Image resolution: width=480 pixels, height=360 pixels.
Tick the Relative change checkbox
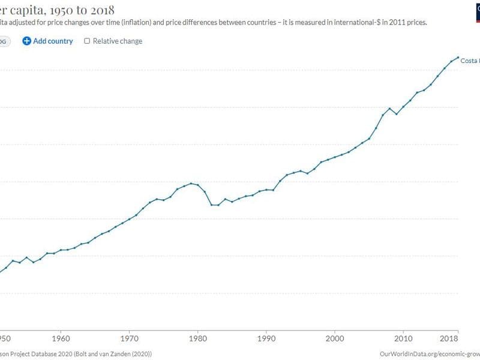click(x=87, y=41)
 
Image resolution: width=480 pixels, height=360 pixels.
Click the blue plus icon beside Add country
click(x=26, y=41)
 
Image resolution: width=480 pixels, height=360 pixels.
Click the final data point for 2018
click(x=458, y=58)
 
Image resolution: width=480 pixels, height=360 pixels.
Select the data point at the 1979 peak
click(x=191, y=183)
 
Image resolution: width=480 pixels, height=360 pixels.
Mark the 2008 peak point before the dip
click(x=390, y=108)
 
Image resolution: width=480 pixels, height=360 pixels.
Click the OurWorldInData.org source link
click(x=430, y=355)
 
